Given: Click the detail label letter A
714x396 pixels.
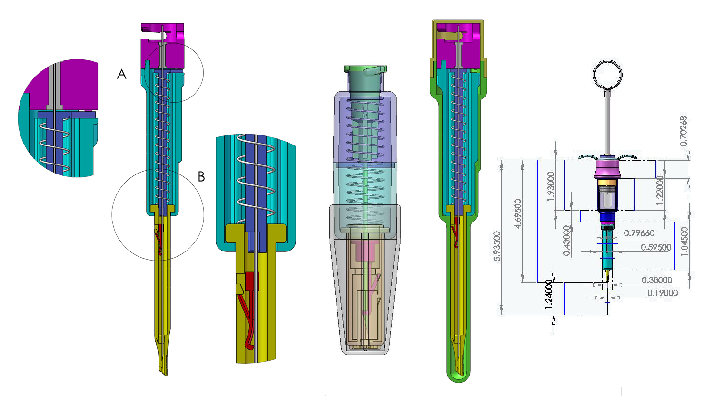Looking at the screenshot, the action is [x=122, y=74].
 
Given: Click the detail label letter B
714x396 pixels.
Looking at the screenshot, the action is [x=201, y=176].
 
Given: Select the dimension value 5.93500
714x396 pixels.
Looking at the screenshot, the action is [x=496, y=246].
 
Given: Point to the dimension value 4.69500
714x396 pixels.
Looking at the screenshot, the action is [x=518, y=213].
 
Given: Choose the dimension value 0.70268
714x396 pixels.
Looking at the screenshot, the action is [x=684, y=131].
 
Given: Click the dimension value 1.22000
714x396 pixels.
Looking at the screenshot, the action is [x=660, y=190].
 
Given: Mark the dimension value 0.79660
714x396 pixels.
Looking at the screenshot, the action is [x=639, y=233].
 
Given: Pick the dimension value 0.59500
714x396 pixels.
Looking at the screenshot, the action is [x=656, y=247].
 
